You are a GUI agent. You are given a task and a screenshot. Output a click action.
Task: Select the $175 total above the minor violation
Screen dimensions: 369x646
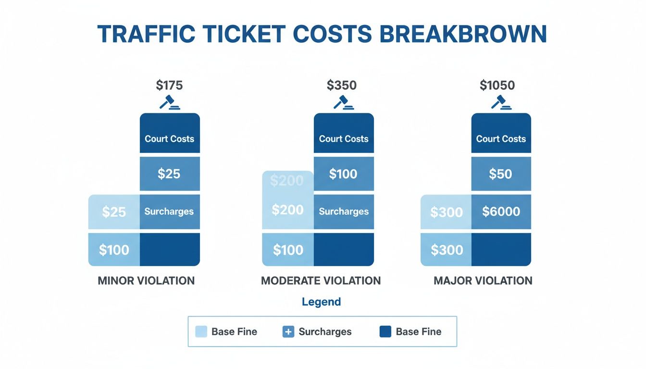point(169,86)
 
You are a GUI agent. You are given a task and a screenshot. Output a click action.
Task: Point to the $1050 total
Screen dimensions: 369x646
point(497,86)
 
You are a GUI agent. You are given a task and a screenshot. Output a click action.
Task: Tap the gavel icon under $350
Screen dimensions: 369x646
point(343,102)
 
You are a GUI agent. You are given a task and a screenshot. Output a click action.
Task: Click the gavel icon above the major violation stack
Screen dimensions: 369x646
point(500,102)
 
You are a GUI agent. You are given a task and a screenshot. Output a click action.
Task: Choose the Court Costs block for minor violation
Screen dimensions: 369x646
point(170,138)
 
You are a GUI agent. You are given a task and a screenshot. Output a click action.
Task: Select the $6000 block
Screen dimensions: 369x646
point(501,212)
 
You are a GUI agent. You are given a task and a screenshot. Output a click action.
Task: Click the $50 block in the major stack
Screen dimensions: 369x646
point(501,174)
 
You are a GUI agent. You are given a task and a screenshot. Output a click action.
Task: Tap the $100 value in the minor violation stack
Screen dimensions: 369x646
point(114,250)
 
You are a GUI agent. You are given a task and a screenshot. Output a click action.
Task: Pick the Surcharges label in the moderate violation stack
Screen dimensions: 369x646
point(344,211)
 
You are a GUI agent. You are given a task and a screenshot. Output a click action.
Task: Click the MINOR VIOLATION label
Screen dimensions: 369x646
point(146,281)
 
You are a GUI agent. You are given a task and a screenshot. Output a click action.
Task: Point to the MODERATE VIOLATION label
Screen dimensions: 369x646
point(321,281)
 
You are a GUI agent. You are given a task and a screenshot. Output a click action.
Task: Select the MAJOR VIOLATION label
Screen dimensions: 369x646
point(483,281)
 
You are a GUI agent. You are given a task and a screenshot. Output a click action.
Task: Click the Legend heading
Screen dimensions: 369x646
point(321,302)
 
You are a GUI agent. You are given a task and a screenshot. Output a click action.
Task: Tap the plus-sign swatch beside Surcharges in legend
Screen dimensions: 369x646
point(288,332)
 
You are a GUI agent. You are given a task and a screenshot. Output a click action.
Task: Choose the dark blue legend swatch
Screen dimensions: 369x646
point(385,332)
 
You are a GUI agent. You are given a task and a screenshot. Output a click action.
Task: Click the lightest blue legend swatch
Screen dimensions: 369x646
point(201,332)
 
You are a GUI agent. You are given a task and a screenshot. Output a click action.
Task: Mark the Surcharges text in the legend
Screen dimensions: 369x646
point(325,332)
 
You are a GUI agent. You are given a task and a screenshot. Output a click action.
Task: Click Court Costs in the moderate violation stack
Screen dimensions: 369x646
point(344,138)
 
